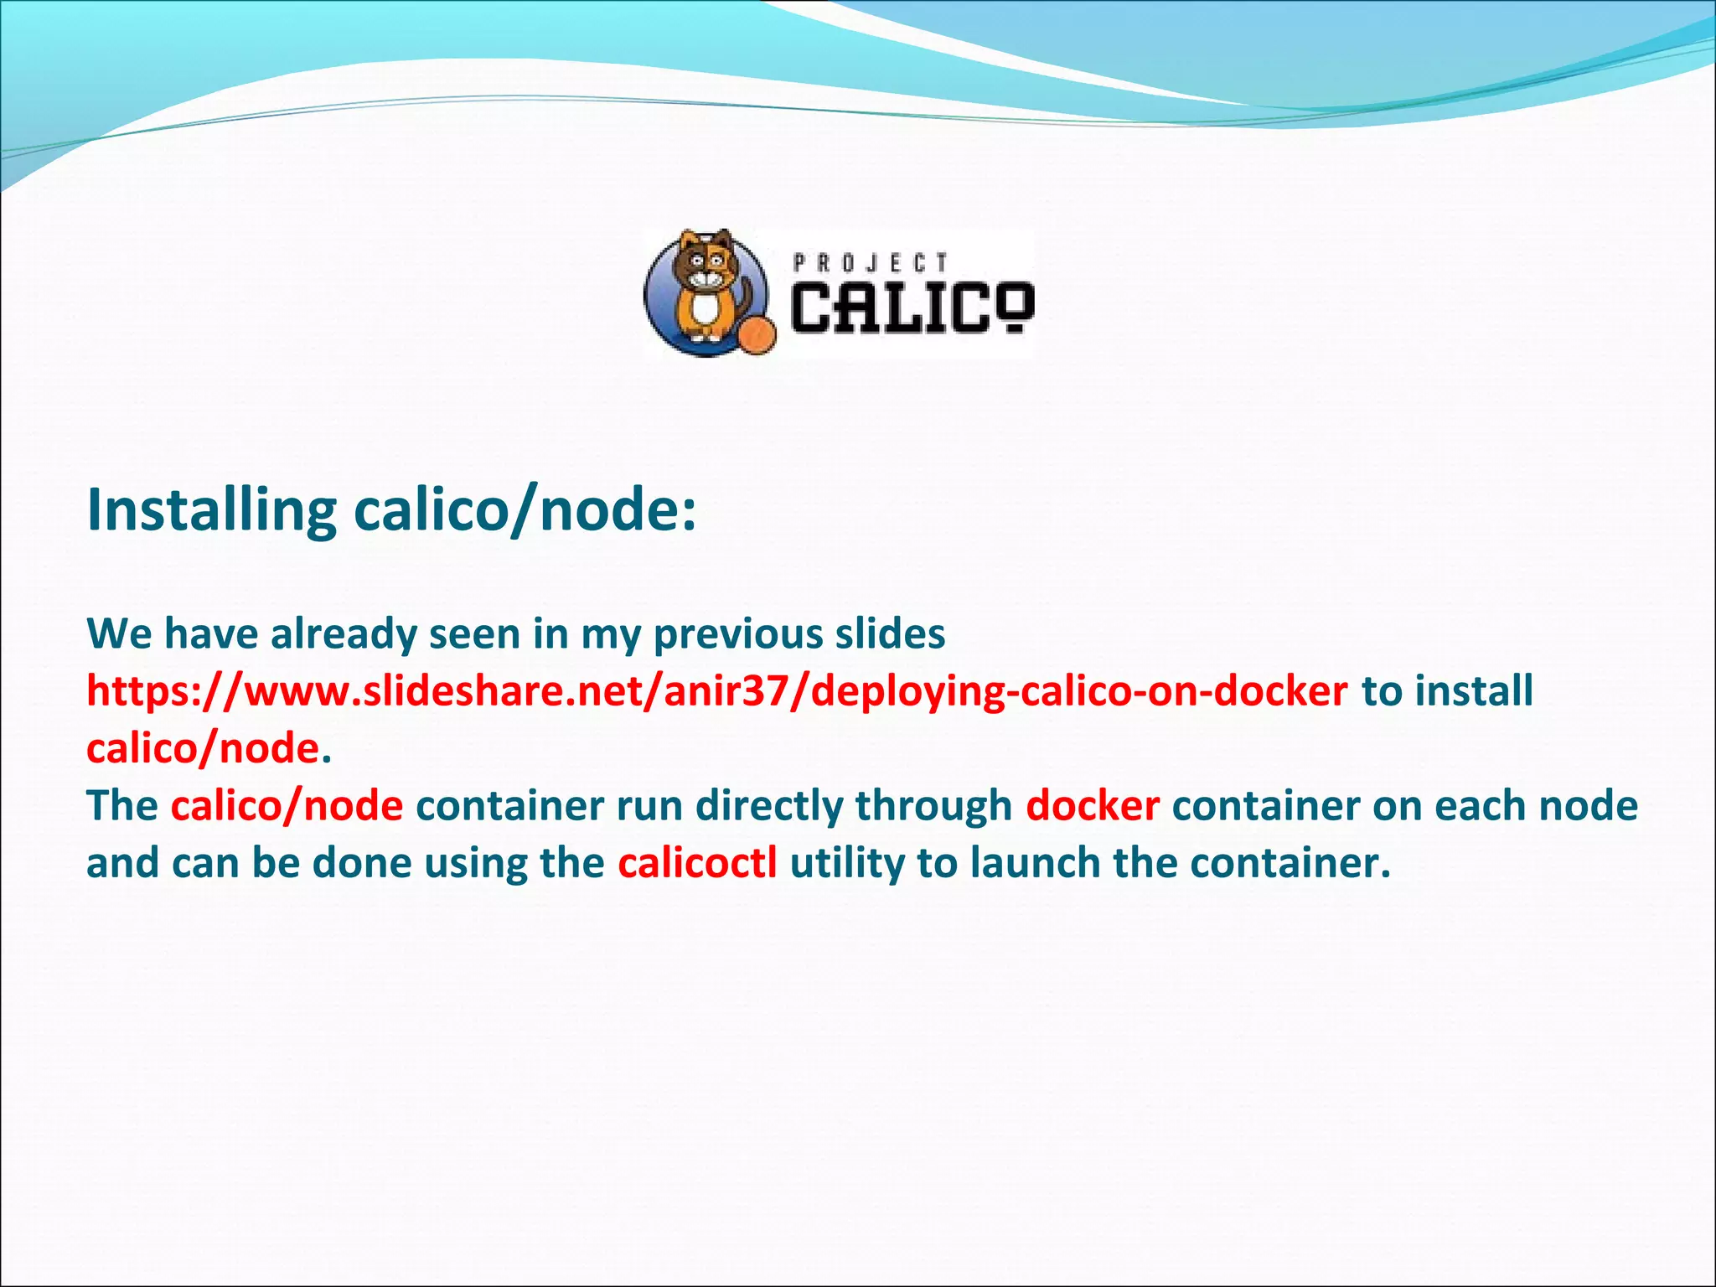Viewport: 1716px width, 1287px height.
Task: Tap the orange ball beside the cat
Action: click(x=757, y=334)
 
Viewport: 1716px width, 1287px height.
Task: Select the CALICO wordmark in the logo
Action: click(x=912, y=308)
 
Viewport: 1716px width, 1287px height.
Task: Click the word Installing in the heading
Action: click(x=212, y=510)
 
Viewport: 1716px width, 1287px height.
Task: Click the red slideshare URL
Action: click(x=717, y=691)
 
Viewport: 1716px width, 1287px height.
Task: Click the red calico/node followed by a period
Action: click(x=203, y=748)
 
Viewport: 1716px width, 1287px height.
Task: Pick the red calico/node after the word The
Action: click(x=287, y=806)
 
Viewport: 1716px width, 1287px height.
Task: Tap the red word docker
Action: click(x=1093, y=806)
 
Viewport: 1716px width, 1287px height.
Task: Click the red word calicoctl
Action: click(x=698, y=863)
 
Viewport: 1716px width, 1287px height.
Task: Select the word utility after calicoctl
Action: click(x=846, y=863)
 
